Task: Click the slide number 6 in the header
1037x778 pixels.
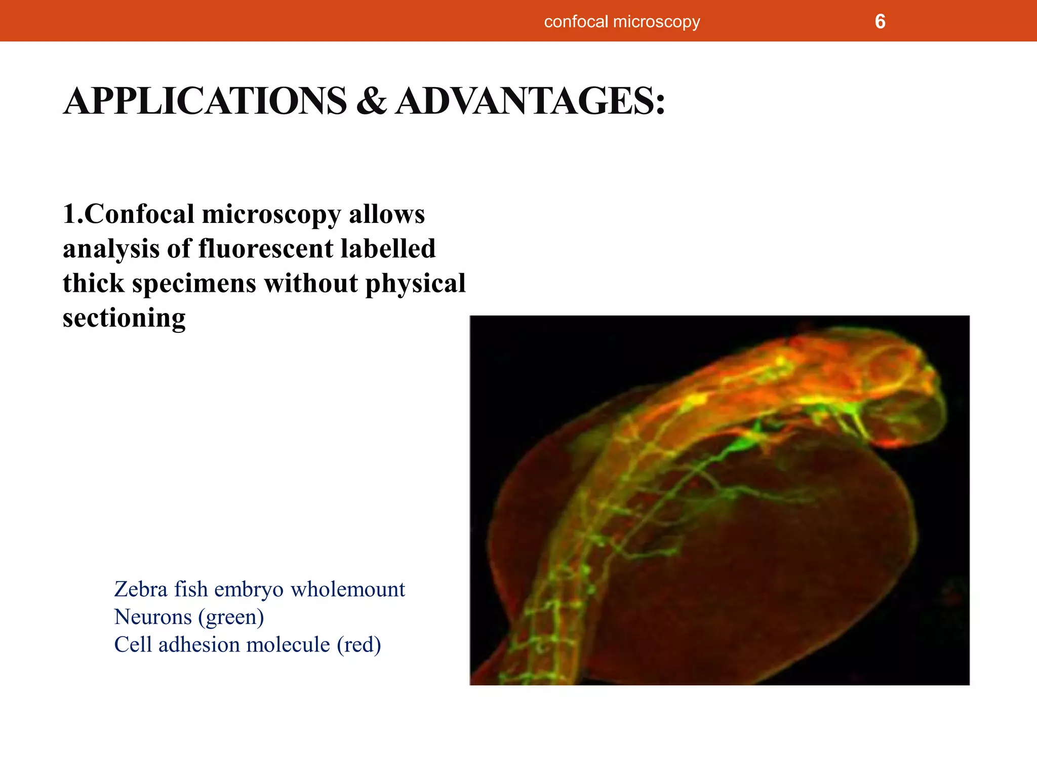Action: tap(880, 22)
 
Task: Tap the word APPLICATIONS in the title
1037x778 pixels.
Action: tap(205, 101)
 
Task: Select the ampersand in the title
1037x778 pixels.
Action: tap(371, 101)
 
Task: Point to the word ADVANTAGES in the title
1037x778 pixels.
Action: tap(530, 101)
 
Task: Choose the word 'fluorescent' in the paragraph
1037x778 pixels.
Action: tap(266, 249)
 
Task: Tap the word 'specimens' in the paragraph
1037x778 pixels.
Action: tap(194, 283)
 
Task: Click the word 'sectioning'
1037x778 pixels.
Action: tap(124, 318)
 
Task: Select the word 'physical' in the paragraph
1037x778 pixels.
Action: tap(415, 283)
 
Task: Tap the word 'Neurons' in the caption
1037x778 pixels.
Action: tap(153, 617)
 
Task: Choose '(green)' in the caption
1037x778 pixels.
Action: tap(231, 617)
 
